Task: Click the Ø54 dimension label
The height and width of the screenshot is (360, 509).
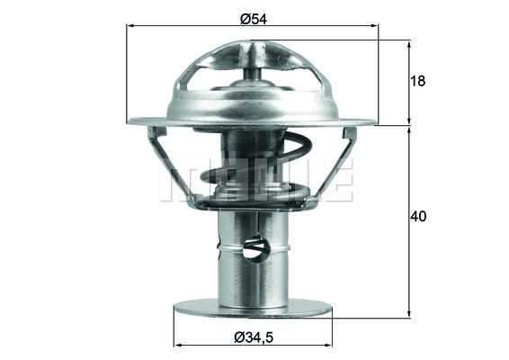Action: click(252, 15)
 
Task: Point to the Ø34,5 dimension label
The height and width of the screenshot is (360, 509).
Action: click(253, 337)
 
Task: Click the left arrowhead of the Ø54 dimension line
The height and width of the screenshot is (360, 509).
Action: click(131, 27)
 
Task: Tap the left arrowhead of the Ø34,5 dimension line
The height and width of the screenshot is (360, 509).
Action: click(177, 346)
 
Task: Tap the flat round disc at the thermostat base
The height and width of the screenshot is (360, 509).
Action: click(253, 309)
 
